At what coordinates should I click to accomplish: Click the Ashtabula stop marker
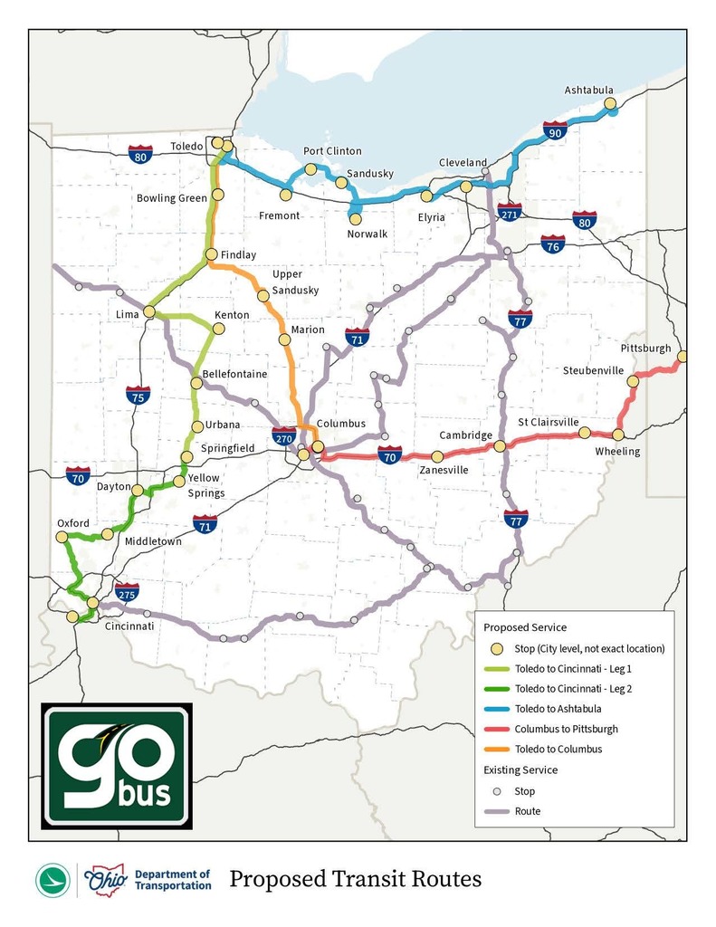pos(611,104)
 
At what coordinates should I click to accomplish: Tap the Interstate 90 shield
pos(555,131)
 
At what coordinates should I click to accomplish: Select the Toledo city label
pos(187,145)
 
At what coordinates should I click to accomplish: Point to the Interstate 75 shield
pos(138,395)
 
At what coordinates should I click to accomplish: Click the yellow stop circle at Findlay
pos(212,255)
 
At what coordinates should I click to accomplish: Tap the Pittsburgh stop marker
pos(683,357)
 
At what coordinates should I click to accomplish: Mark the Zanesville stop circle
pos(437,457)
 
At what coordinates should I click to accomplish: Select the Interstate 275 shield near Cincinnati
pos(127,593)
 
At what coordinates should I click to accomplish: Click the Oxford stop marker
pos(62,537)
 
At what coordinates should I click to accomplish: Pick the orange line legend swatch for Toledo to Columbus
pos(495,749)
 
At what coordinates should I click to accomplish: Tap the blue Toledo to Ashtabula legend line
pos(495,709)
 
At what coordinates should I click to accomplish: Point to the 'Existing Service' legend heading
pos(520,770)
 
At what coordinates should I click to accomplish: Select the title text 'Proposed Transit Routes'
pos(355,879)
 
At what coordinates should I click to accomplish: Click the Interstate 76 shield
pos(553,244)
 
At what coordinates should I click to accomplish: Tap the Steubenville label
pos(593,371)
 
